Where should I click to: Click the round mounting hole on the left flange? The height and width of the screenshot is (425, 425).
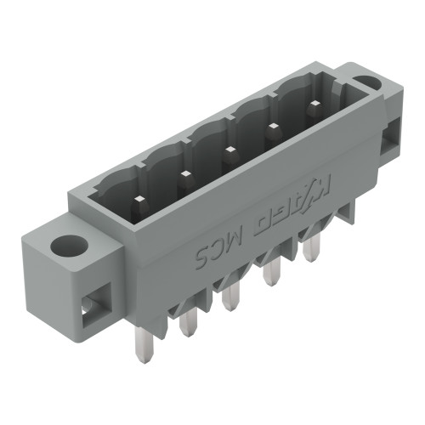point(65,246)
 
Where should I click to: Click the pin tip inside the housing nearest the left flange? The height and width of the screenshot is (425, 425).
point(138,200)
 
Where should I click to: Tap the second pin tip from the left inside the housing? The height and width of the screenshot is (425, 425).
point(184,175)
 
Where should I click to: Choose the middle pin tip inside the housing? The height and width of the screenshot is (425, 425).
point(229,151)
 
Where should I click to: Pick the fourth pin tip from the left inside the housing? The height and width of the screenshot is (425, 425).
point(273,128)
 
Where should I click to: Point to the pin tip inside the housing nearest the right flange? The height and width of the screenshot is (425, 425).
point(314,105)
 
